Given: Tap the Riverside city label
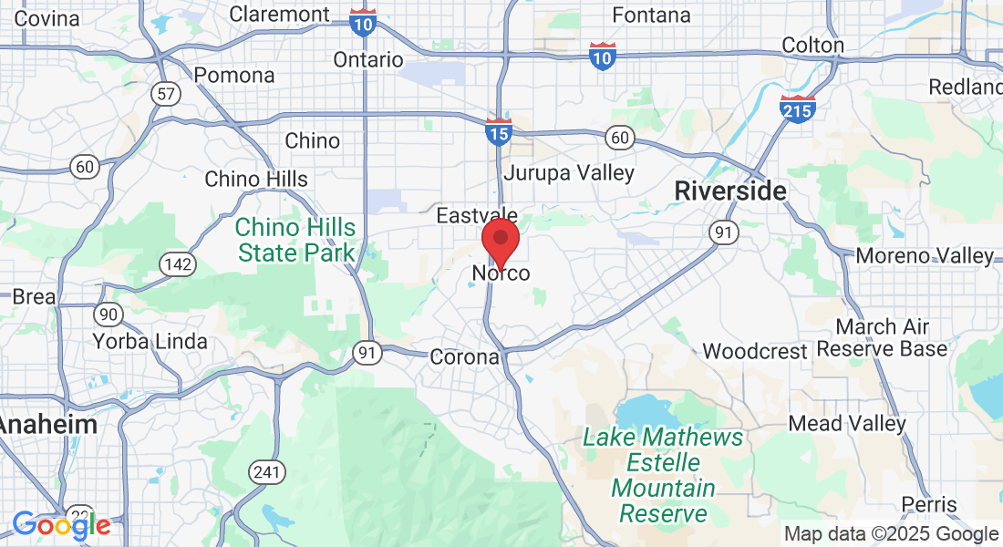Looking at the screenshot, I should point(729,191).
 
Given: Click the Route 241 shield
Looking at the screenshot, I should point(267,472).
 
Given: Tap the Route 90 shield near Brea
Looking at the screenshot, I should point(109,315).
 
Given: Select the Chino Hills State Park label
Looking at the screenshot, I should point(296,239).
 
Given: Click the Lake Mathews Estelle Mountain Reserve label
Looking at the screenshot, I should point(663,475).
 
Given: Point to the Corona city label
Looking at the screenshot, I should point(464,357).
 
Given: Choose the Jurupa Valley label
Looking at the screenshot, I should point(569,172).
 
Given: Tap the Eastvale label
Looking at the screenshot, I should point(477,216).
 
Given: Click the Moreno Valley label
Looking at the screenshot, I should point(924,256).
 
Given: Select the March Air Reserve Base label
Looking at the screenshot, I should point(882,337).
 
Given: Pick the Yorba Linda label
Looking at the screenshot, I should point(150,342).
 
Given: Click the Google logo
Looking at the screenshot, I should point(61,524).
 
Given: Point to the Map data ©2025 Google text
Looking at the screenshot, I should point(891,534).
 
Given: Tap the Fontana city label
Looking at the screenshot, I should point(651,15).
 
